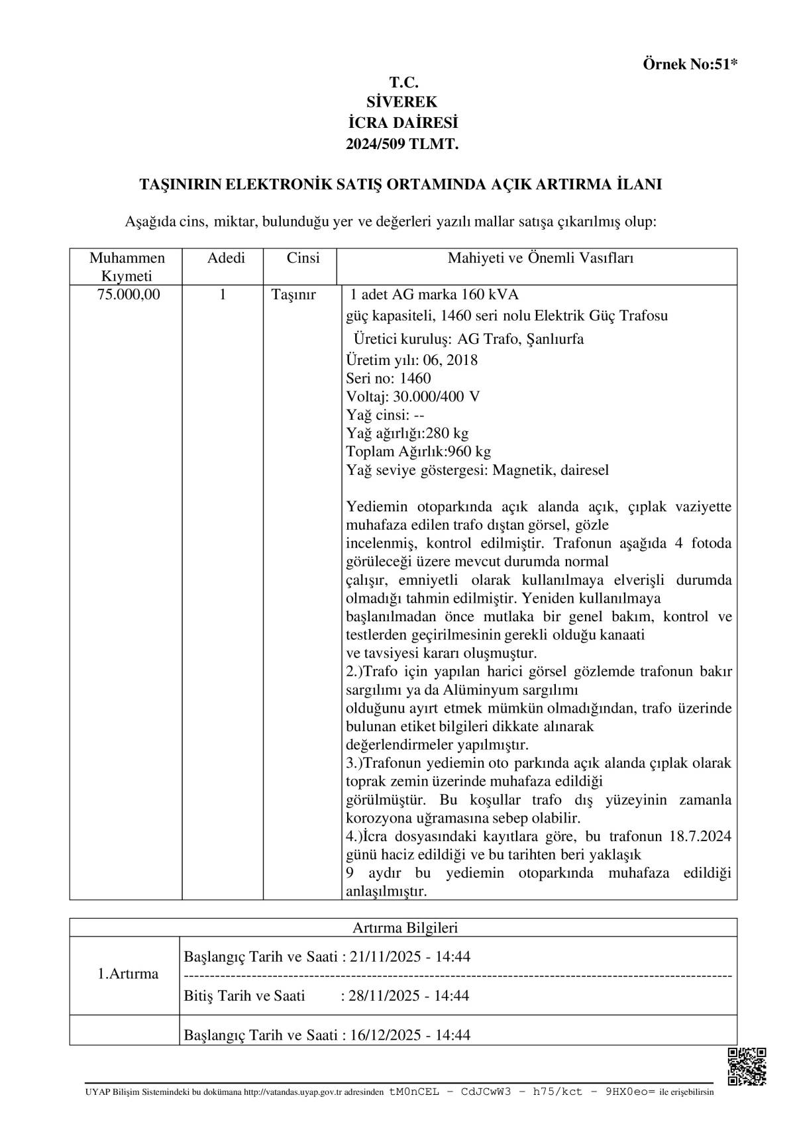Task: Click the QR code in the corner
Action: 747,1066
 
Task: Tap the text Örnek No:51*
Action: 690,64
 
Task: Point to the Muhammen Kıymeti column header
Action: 127,266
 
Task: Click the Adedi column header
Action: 226,258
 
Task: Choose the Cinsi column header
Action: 303,258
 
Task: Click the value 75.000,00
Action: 129,295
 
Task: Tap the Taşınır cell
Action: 293,295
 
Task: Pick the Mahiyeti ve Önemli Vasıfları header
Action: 540,258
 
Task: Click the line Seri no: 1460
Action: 388,379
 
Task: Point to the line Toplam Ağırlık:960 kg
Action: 418,452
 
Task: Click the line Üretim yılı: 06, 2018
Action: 411,360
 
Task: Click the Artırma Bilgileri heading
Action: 405,928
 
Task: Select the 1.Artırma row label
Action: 128,974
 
